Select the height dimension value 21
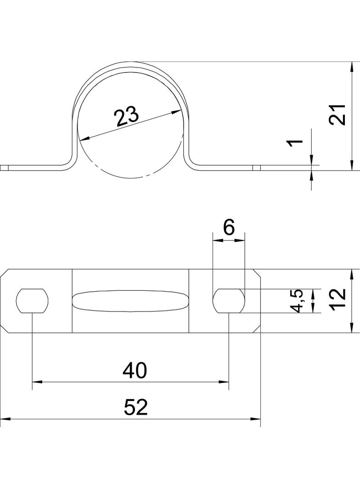pyautogui.click(x=338, y=115)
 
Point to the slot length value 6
pyautogui.click(x=229, y=228)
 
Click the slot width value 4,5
pyautogui.click(x=297, y=301)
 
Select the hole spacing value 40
pyautogui.click(x=135, y=371)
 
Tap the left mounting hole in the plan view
pyautogui.click(x=33, y=301)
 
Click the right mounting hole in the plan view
pyautogui.click(x=229, y=301)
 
